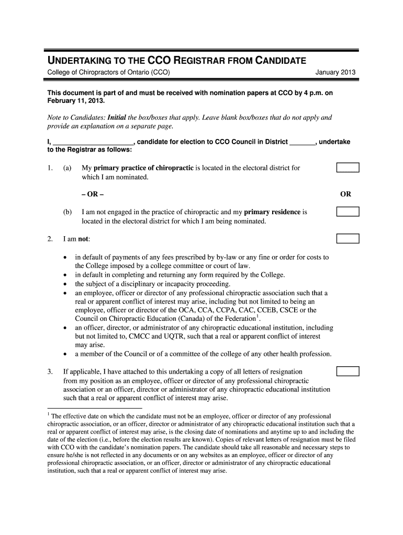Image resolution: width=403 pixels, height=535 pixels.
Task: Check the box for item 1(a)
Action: coord(348,168)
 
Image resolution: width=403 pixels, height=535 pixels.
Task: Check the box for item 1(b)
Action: coord(348,212)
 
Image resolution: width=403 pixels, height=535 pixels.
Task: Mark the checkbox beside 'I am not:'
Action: coord(348,239)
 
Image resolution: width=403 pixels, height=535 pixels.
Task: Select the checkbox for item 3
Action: coord(348,371)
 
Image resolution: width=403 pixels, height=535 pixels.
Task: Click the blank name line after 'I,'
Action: coord(93,142)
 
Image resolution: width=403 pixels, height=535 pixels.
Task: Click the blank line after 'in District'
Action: coord(303,142)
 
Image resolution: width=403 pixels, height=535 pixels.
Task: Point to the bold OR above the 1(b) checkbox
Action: coord(345,194)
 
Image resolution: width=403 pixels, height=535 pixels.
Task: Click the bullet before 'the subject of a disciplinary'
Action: coord(65,284)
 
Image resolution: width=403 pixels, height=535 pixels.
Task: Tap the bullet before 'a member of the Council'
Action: coord(65,354)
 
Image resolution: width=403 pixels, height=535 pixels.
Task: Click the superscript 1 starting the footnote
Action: coord(49,414)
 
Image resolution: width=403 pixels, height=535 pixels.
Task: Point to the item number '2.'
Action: coord(50,239)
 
